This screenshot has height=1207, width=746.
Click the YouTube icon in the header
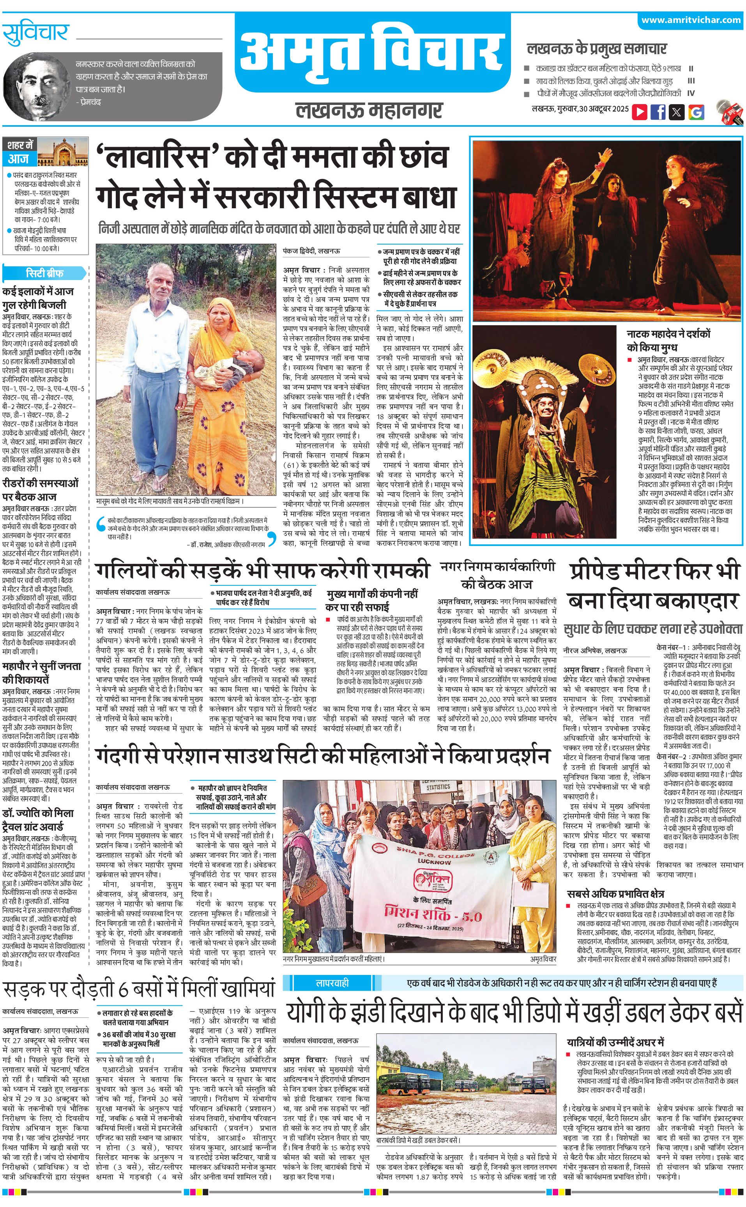[640, 112]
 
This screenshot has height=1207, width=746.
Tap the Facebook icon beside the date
[658, 112]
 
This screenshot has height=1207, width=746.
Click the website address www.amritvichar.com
[691, 20]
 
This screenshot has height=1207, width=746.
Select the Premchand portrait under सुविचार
[37, 89]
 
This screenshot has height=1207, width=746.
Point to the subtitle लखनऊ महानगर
[369, 110]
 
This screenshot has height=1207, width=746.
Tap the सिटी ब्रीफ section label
[44, 273]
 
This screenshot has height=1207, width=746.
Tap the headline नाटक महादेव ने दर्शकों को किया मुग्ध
[668, 340]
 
